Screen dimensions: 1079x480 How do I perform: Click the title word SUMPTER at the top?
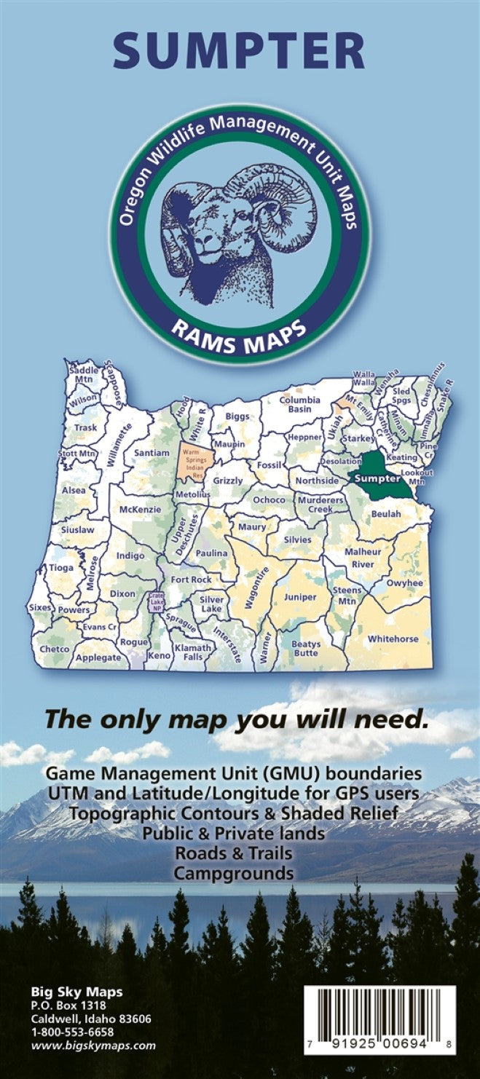pos(240,50)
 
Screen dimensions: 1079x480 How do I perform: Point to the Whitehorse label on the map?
pos(393,639)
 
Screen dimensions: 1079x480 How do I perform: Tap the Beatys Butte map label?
pos(306,649)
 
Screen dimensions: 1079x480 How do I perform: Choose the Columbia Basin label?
pos(300,405)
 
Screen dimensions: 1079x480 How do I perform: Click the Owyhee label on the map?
pos(404,582)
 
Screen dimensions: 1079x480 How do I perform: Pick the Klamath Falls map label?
pos(193,652)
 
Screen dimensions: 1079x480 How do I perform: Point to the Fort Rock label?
pos(191,580)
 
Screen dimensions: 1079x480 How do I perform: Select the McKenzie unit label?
pos(139,509)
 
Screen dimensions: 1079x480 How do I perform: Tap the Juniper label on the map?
pos(299,597)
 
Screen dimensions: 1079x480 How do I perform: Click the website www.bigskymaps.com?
pos(93,1046)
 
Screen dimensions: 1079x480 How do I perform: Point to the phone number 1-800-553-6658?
pos(73,1032)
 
